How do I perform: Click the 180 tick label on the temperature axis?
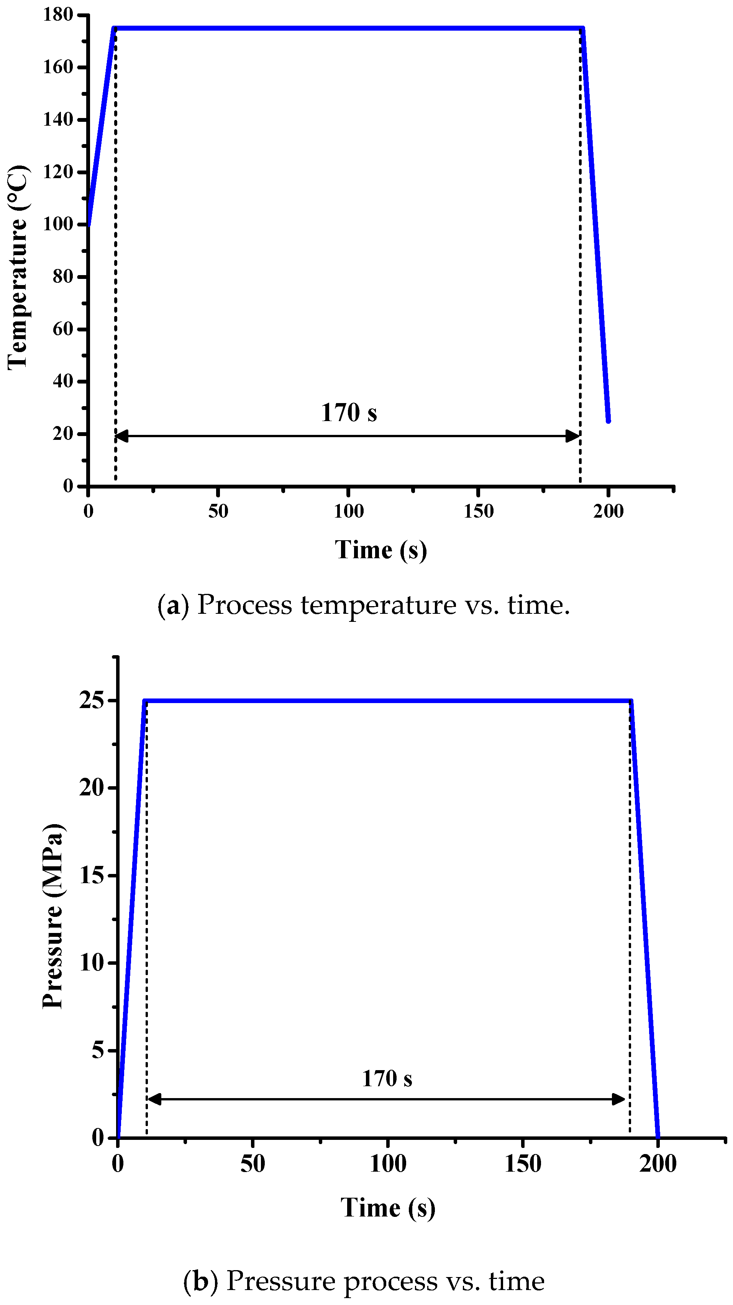(58, 15)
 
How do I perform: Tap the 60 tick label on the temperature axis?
(63, 329)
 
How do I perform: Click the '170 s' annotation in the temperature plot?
(349, 413)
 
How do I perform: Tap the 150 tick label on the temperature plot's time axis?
(478, 512)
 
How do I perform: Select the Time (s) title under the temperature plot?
(381, 550)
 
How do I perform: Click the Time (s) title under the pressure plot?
(387, 1208)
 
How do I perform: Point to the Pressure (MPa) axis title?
(53, 916)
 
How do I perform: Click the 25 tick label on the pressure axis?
(92, 701)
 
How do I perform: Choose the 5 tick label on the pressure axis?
(98, 1050)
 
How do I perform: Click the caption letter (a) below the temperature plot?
(173, 605)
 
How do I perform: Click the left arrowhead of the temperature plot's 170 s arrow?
(121, 436)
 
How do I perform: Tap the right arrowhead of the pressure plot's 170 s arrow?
(619, 1099)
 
